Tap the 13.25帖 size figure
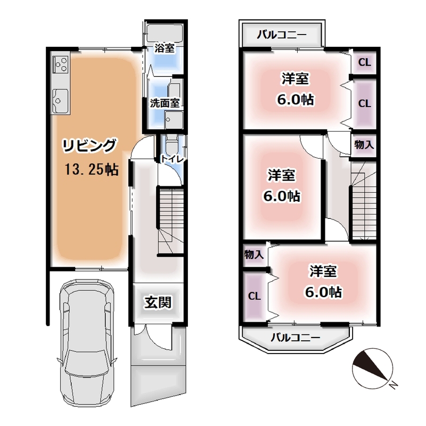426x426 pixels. pyautogui.click(x=92, y=169)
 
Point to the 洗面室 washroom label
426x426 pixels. pyautogui.click(x=165, y=103)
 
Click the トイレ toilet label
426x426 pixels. pyautogui.click(x=172, y=159)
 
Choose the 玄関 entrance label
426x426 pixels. pyautogui.click(x=158, y=302)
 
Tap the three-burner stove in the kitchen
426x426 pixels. pyautogui.click(x=60, y=64)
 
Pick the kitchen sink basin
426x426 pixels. pyautogui.click(x=60, y=101)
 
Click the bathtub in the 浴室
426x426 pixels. pyautogui.click(x=165, y=33)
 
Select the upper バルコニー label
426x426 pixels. pyautogui.click(x=282, y=35)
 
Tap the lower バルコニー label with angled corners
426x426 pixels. pyautogui.click(x=296, y=338)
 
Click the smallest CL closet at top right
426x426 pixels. pyautogui.click(x=364, y=62)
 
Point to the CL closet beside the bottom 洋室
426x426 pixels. pyautogui.click(x=255, y=296)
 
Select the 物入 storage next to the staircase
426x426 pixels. pyautogui.click(x=364, y=145)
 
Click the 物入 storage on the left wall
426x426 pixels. pyautogui.click(x=254, y=255)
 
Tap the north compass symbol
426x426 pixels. pyautogui.click(x=373, y=368)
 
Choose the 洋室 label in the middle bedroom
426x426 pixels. pyautogui.click(x=281, y=175)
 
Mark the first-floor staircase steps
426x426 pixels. pyautogui.click(x=170, y=220)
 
